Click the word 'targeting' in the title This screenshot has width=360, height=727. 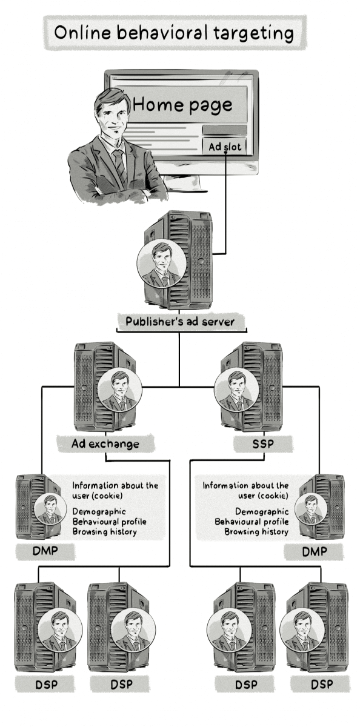pyautogui.click(x=254, y=34)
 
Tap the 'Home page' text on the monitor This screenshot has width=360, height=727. pyautogui.click(x=182, y=105)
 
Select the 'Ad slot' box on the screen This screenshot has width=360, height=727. pyautogui.click(x=224, y=147)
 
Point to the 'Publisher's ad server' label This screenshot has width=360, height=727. pyautogui.click(x=180, y=322)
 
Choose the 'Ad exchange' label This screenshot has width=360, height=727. pyautogui.click(x=105, y=443)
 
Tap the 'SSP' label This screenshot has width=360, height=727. pyautogui.click(x=263, y=443)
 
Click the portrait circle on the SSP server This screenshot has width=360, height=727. pyautogui.click(x=237, y=390)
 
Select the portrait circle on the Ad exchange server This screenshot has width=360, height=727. pyautogui.click(x=119, y=390)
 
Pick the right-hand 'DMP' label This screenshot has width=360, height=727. pyautogui.click(x=314, y=551)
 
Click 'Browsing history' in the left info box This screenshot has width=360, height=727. pyautogui.click(x=104, y=532)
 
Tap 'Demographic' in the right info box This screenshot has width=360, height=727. pyautogui.click(x=262, y=512)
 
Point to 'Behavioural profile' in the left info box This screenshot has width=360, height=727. pyautogui.click(x=110, y=522)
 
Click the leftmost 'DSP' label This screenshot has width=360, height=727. pyautogui.click(x=47, y=685)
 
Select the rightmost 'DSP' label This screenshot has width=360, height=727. pyautogui.click(x=322, y=685)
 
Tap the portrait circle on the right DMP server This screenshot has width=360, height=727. pyautogui.click(x=311, y=510)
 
